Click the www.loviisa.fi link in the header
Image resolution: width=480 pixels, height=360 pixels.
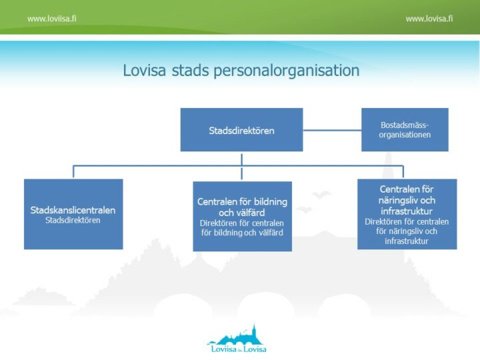pos(52,19)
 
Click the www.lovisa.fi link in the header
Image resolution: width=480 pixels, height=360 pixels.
pos(429,19)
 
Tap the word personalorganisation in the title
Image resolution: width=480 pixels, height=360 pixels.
pos(287,71)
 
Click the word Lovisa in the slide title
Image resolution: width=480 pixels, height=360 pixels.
pos(145,70)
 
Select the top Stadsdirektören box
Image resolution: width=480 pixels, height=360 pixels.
pos(241,129)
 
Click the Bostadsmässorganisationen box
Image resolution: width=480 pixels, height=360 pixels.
pos(405,129)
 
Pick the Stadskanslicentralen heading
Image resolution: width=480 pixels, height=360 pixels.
pos(73,210)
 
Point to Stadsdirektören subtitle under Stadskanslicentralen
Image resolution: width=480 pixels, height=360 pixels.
pos(73,220)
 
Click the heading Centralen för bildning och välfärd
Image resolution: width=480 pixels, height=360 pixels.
pos(242,207)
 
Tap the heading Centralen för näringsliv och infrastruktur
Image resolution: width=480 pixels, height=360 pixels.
pos(407,200)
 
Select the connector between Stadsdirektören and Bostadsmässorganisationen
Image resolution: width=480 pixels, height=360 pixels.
pos(332,130)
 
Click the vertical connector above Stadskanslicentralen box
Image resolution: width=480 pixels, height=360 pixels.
pos(73,172)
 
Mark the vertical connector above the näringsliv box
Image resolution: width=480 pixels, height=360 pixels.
pos(403,172)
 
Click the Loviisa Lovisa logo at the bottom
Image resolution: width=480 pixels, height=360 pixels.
pos(236,338)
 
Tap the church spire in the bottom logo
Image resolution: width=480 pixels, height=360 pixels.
pos(253,329)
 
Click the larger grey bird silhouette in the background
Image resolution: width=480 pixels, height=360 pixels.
pos(321,195)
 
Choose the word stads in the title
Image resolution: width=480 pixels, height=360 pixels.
pos(190,70)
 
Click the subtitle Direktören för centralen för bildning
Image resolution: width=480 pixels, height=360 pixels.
pos(242,228)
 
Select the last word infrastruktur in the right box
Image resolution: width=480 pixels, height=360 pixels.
pos(407,241)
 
